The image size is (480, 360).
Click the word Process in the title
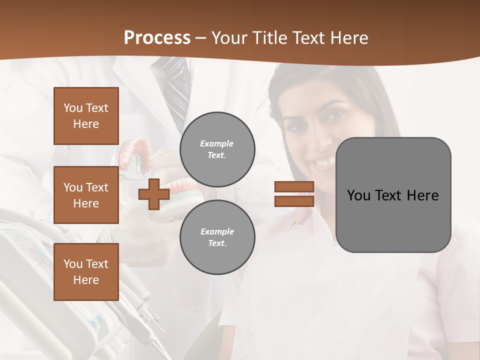[x=157, y=38]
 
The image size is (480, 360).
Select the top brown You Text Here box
[x=86, y=116]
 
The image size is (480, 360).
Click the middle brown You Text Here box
[x=86, y=195]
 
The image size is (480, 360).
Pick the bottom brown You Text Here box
[x=86, y=271]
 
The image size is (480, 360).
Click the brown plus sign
[x=154, y=194]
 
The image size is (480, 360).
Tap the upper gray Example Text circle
[x=217, y=149]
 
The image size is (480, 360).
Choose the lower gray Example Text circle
[x=217, y=237]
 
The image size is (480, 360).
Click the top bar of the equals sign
[x=294, y=186]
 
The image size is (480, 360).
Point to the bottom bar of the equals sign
[x=294, y=201]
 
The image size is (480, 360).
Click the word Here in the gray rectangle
[x=422, y=195]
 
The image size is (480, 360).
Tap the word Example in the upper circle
[x=217, y=143]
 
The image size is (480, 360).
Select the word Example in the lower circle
[x=217, y=231]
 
